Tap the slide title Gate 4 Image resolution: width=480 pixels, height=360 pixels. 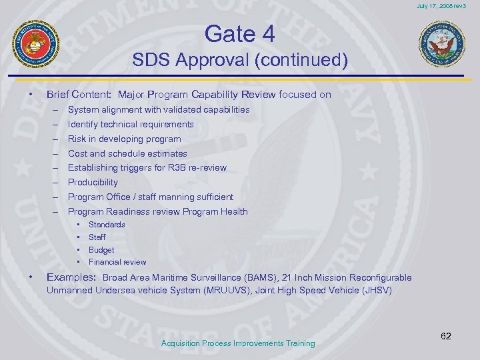click(240, 33)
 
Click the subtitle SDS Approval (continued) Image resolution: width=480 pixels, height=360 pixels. click(240, 61)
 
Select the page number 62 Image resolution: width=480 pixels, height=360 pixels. click(446, 336)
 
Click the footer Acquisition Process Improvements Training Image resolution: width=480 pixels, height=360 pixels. click(238, 343)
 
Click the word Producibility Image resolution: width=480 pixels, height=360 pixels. click(93, 182)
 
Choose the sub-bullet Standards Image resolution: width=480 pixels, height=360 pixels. click(107, 225)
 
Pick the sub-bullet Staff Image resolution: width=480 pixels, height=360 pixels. click(97, 237)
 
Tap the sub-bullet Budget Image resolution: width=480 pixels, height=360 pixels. click(101, 249)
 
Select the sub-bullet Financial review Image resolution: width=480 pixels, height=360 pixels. click(117, 262)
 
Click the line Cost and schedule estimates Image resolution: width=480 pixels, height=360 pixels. click(127, 153)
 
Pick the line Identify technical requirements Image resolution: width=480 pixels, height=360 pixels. click(131, 124)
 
